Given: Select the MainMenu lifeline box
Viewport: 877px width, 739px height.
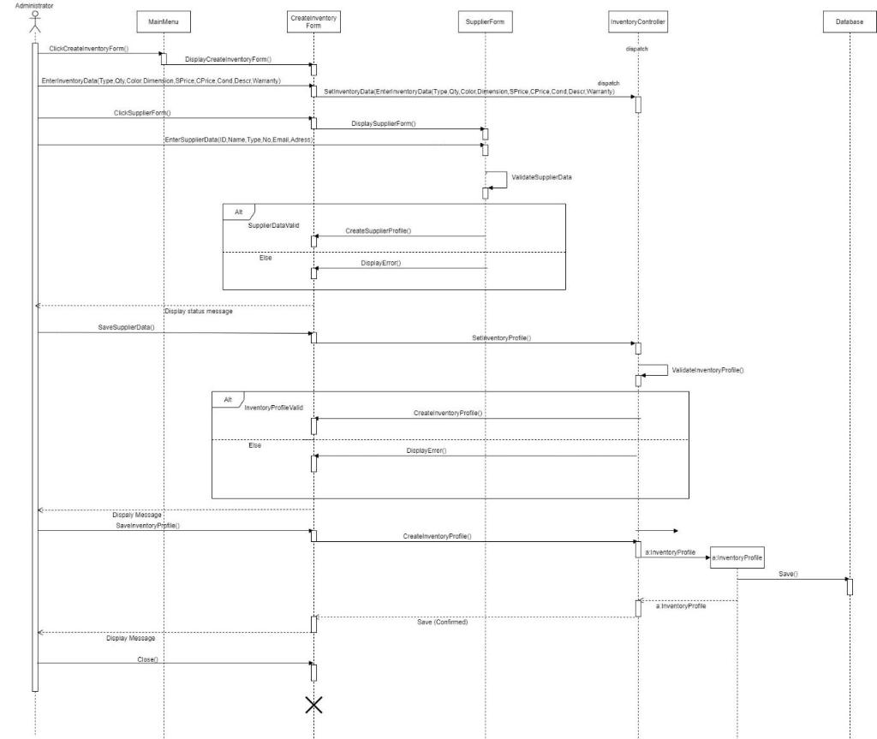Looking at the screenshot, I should tap(164, 22).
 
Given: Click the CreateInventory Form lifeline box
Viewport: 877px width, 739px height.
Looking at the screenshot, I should tap(313, 22).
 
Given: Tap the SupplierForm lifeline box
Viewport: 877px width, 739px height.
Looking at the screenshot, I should tap(485, 22).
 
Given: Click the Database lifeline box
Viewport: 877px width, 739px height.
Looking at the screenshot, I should tap(850, 22).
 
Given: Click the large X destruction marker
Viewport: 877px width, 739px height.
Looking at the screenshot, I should tap(314, 705).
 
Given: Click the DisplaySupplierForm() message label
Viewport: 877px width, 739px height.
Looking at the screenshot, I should tap(384, 124).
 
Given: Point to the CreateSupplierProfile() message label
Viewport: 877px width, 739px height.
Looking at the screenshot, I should tap(379, 231).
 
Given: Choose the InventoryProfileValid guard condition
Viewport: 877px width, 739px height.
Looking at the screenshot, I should tap(274, 408).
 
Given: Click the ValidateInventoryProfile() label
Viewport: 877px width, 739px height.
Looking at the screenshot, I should tap(708, 370).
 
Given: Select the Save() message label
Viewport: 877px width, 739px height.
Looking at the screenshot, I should tap(788, 574).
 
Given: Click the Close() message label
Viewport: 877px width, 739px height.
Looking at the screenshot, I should tap(148, 659).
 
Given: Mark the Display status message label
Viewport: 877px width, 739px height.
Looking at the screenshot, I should tap(199, 311).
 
